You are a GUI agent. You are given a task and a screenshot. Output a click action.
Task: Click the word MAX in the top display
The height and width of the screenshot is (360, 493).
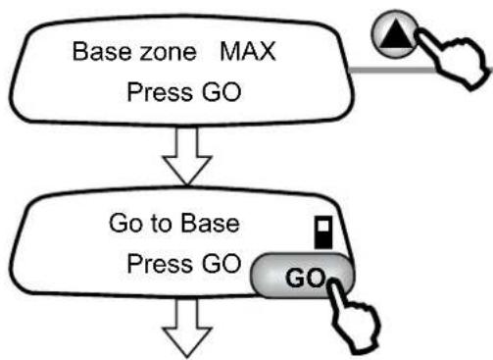(x=248, y=51)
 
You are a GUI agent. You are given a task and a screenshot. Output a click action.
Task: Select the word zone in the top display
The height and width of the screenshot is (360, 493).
(x=168, y=54)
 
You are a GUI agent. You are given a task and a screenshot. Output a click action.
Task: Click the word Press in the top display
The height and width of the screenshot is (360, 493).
(x=160, y=92)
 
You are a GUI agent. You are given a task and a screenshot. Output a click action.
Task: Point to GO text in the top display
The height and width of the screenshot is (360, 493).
(x=222, y=92)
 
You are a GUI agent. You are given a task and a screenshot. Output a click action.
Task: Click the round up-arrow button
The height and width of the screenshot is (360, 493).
(x=395, y=34)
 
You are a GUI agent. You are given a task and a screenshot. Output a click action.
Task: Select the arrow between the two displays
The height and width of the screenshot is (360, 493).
(x=187, y=156)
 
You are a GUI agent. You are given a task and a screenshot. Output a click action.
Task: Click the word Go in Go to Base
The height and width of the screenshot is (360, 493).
(x=123, y=224)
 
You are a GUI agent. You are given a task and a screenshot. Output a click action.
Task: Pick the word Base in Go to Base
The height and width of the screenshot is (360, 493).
(x=210, y=224)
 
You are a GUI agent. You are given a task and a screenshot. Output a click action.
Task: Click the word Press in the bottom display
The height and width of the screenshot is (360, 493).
(x=160, y=264)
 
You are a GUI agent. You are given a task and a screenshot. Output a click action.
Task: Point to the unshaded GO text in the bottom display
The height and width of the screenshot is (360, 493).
(x=222, y=264)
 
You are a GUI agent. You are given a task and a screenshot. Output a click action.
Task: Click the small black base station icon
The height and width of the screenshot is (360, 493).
(x=323, y=232)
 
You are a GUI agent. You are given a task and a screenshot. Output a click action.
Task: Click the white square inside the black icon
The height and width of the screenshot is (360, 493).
(x=323, y=226)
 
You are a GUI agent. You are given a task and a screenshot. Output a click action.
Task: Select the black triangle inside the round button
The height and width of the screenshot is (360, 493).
(x=396, y=34)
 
